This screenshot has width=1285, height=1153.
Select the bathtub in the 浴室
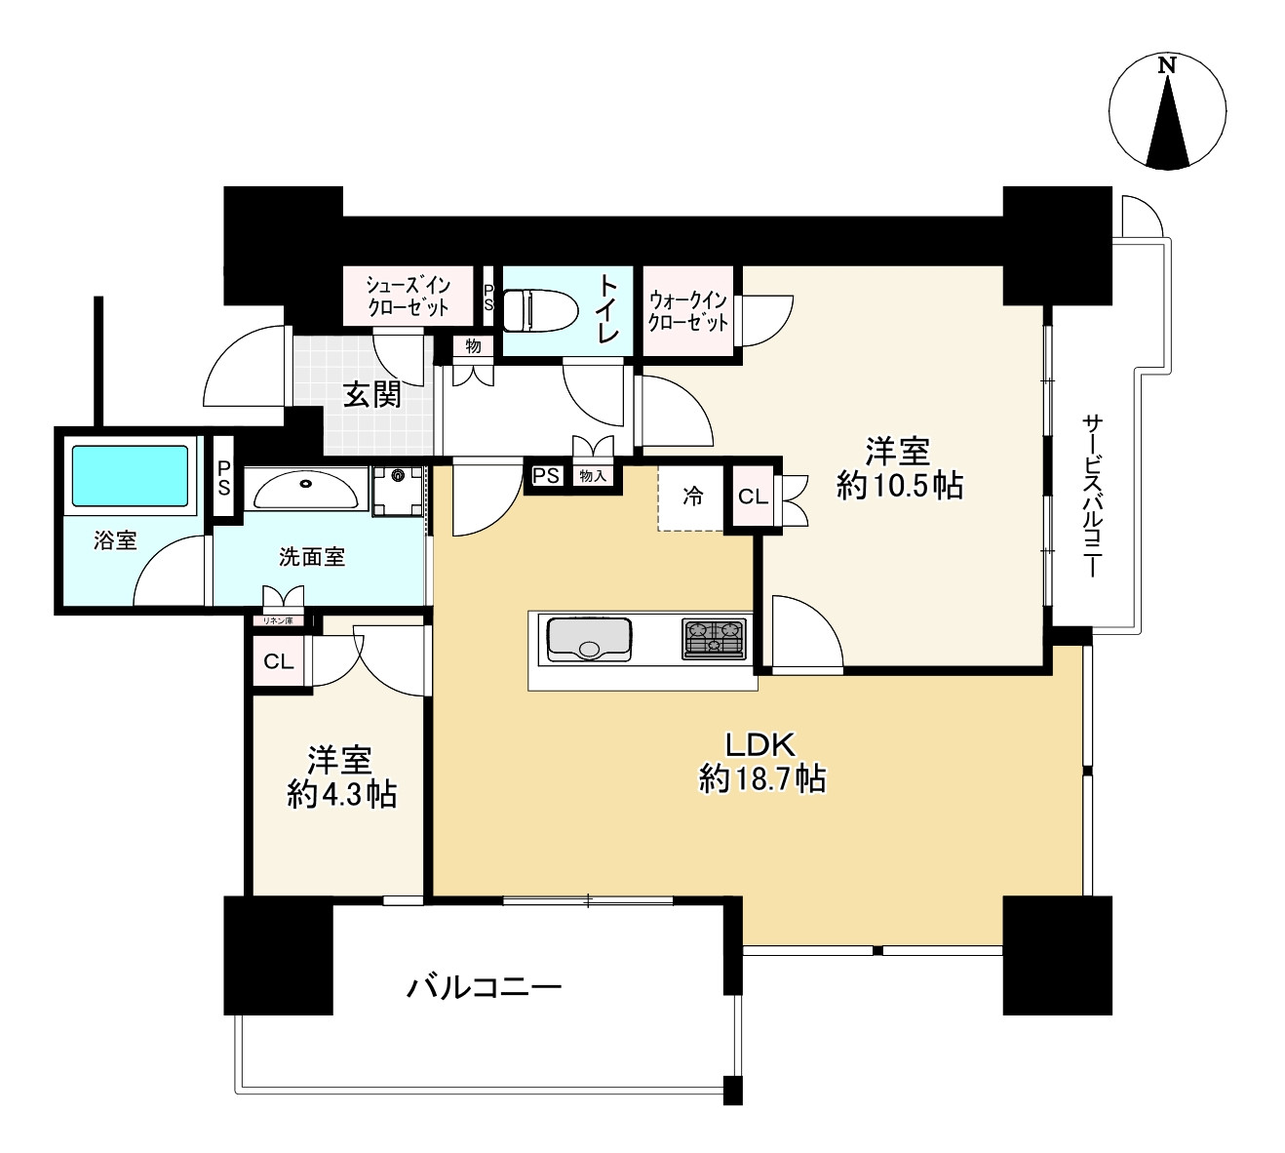tap(130, 476)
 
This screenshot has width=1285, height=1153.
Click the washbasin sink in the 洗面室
tap(306, 488)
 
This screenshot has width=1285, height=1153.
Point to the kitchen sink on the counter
tap(588, 640)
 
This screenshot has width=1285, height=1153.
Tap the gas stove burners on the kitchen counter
tap(714, 638)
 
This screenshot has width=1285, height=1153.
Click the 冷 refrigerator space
tap(692, 497)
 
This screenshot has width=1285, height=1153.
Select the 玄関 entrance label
tap(372, 395)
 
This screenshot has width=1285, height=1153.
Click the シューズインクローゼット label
tap(409, 297)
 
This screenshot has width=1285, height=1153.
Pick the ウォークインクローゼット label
tap(688, 310)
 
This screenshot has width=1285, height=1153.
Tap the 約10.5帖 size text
tap(899, 485)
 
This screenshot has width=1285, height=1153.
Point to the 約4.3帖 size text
tap(341, 794)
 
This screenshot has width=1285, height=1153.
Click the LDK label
tap(760, 745)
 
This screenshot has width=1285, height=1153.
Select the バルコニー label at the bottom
tap(484, 988)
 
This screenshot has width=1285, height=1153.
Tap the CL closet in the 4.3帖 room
tap(279, 662)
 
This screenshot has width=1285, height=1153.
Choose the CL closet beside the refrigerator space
tap(753, 497)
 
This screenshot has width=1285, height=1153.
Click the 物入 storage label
tap(593, 476)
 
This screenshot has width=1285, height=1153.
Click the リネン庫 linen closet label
tap(278, 620)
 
